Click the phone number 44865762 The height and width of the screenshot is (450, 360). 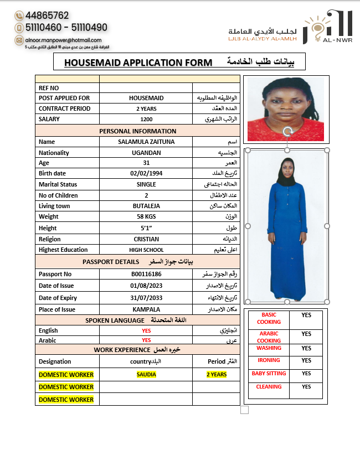click(x=47, y=15)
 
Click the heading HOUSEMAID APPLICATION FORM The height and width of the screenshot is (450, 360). click(x=138, y=63)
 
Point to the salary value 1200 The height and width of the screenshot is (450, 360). click(x=146, y=119)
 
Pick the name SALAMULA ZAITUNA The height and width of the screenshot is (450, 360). click(x=146, y=142)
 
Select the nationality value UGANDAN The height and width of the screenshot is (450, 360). click(x=146, y=152)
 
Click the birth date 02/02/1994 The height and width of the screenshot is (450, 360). click(x=146, y=174)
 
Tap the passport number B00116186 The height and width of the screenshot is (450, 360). click(x=146, y=274)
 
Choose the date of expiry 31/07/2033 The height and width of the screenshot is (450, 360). click(x=146, y=298)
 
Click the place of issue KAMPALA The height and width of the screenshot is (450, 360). click(x=146, y=309)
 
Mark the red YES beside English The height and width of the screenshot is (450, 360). click(x=146, y=330)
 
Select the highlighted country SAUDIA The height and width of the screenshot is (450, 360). click(x=146, y=374)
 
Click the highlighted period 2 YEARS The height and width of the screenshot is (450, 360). click(x=217, y=374)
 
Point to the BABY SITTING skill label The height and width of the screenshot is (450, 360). click(x=269, y=374)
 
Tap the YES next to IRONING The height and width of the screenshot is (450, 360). click(x=306, y=360)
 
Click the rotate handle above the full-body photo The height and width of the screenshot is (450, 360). click(x=287, y=132)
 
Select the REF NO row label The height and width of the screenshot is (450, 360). click(x=49, y=88)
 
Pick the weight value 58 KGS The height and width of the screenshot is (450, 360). click(x=146, y=216)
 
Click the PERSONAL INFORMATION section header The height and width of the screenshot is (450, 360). click(x=138, y=131)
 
